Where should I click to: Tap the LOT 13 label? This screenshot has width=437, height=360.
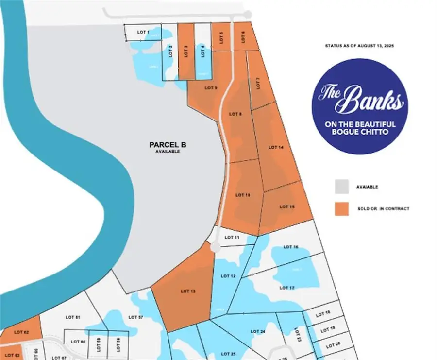tap(187, 291)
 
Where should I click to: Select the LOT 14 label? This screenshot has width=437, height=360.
tap(276, 147)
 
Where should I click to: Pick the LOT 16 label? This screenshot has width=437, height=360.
tap(290, 247)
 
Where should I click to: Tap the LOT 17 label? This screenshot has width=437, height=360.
tap(287, 288)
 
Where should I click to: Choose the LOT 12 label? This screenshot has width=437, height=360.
tap(228, 276)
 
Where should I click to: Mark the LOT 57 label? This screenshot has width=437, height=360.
tap(136, 317)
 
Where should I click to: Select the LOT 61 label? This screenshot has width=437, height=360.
tap(72, 317)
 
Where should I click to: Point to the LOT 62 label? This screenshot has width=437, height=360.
tap(21, 332)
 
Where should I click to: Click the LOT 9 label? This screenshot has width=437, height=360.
tap(211, 88)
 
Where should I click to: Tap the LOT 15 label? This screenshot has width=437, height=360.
tap(287, 207)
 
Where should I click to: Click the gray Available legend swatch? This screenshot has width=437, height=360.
tap(342, 187)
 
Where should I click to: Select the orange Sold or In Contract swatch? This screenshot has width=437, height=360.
tap(342, 208)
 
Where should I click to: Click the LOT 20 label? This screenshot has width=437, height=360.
tap(333, 345)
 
